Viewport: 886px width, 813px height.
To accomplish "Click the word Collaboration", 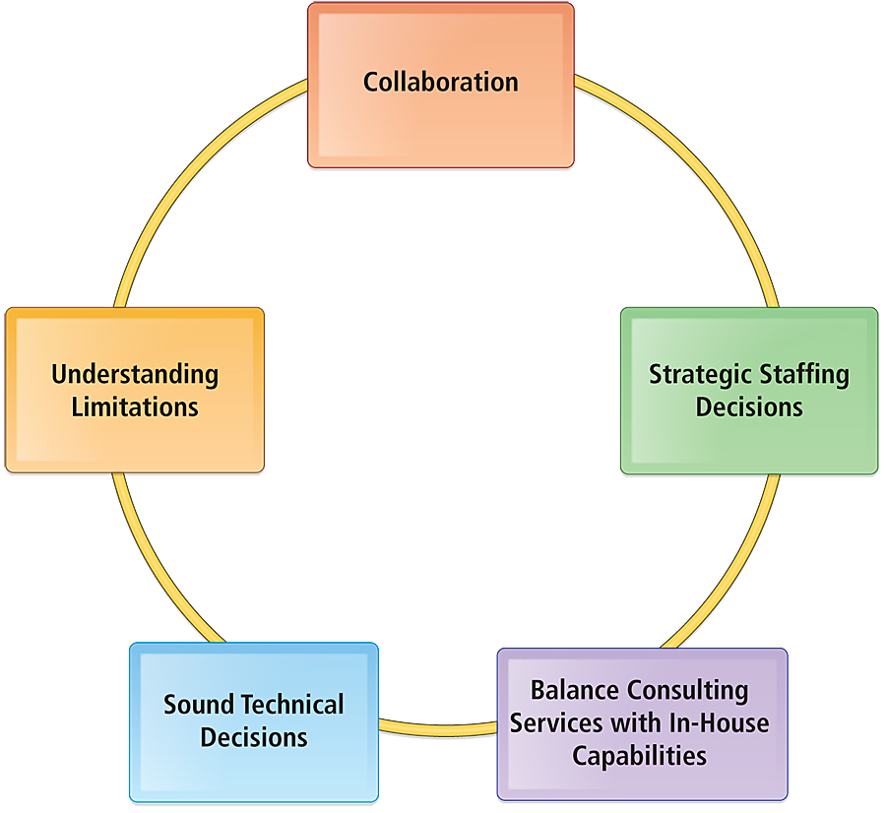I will pos(440,82).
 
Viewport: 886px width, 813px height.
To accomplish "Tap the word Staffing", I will pos(803,375).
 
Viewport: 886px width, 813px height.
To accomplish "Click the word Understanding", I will pos(135,374).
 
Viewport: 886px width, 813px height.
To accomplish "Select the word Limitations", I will pos(135,406).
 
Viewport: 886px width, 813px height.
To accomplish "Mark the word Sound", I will pos(199,705).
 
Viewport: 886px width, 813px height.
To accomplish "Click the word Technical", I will pos(293,705).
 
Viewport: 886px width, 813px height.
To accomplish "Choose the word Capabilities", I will pos(640,755).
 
